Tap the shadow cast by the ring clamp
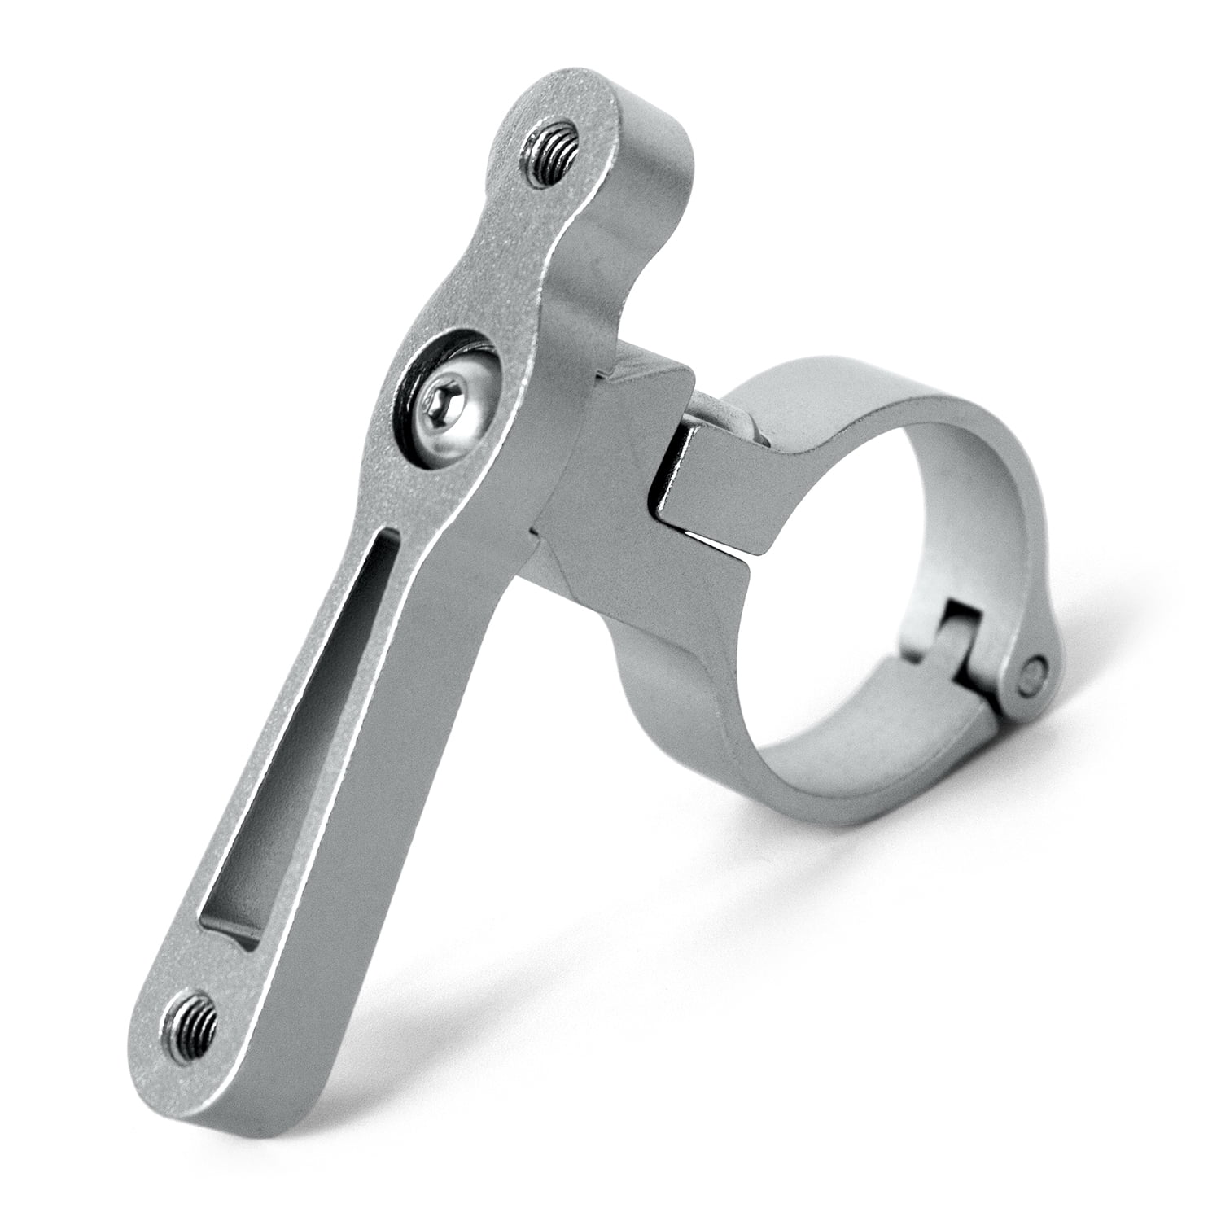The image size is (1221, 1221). [936, 814]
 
